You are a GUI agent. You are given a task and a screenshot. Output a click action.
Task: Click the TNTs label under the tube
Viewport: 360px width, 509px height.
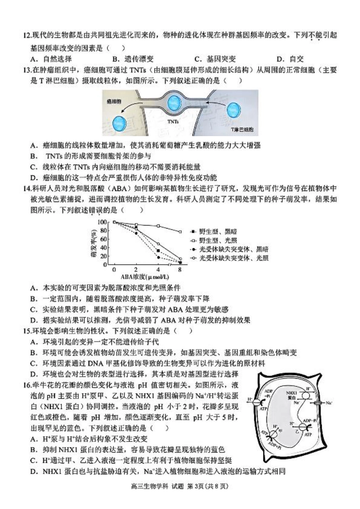(x=173, y=122)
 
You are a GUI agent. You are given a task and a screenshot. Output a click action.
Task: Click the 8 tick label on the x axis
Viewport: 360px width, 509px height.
(x=180, y=270)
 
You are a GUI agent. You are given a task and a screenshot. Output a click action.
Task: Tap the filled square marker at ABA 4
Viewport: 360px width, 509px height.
(x=158, y=251)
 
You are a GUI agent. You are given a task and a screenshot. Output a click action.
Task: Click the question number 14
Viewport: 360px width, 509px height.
(x=27, y=188)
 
